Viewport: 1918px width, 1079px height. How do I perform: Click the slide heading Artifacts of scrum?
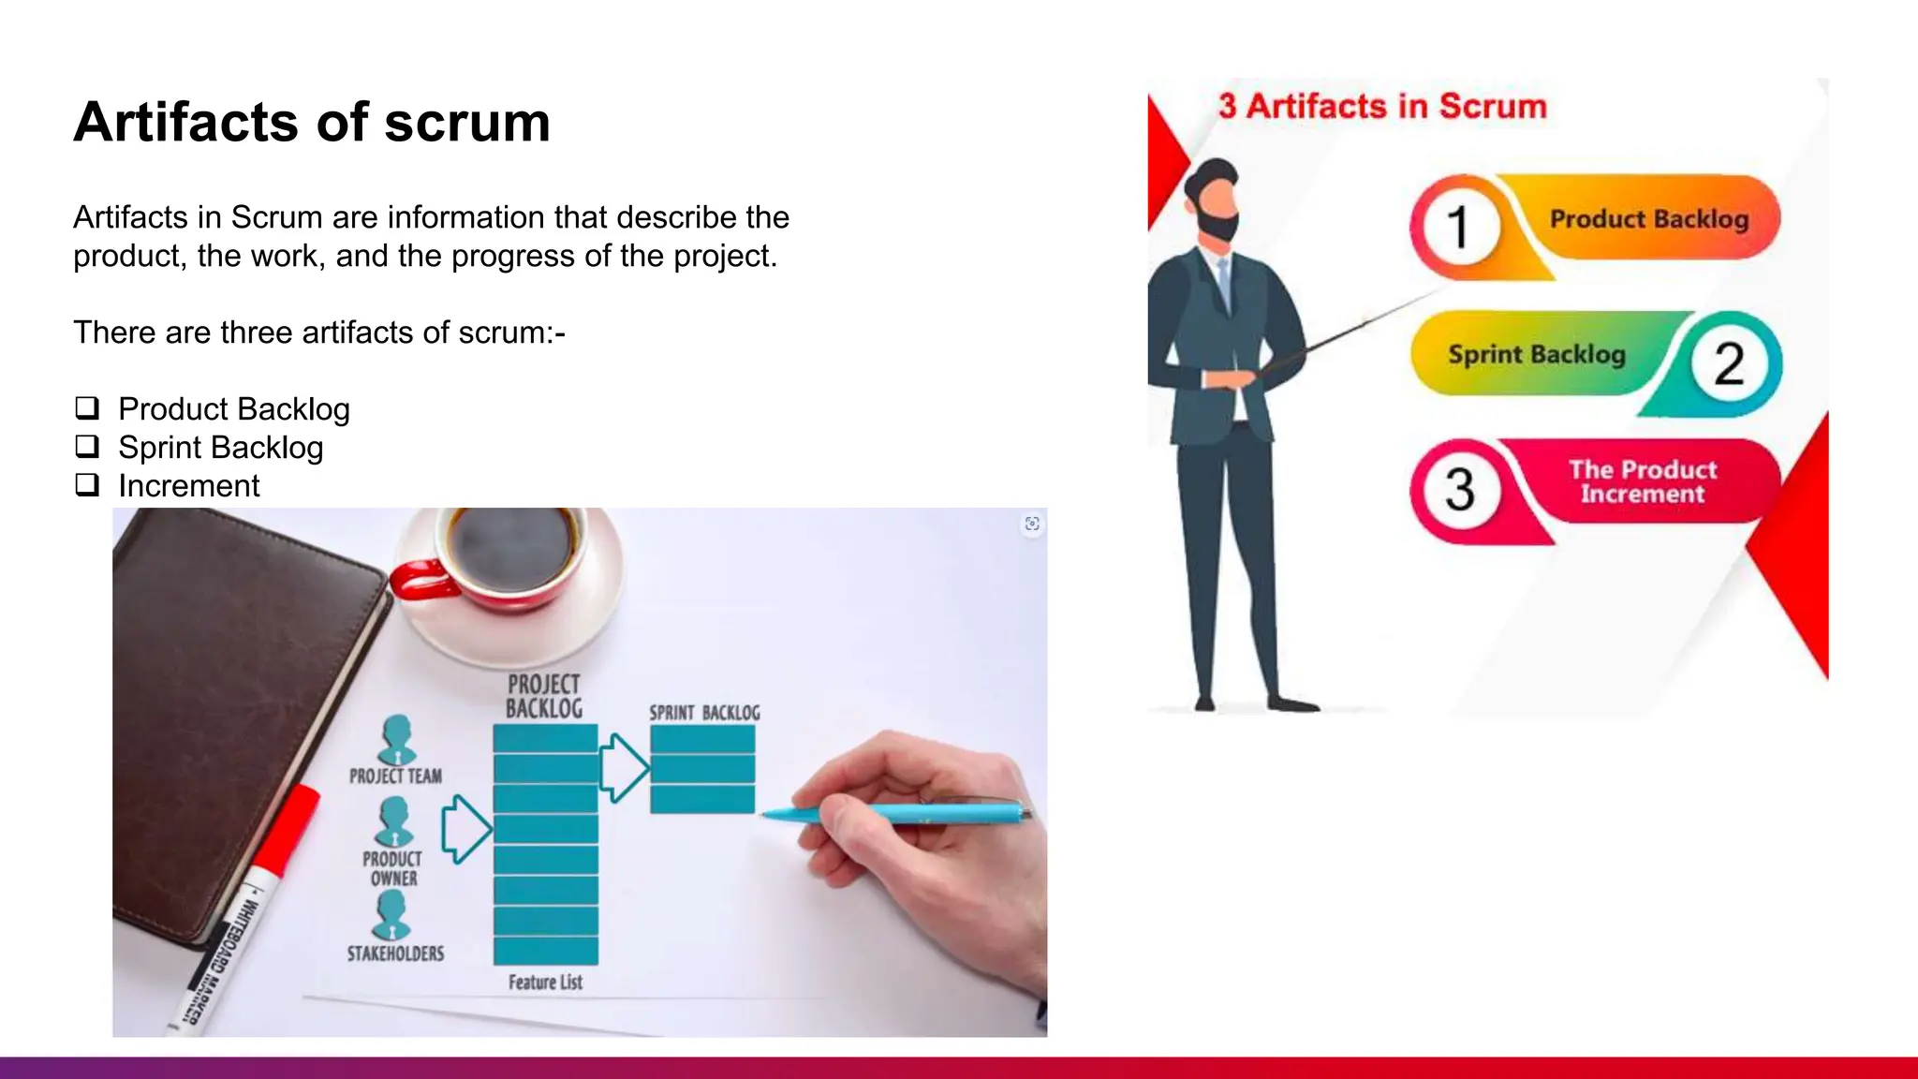(x=312, y=123)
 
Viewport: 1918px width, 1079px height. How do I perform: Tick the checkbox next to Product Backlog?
(x=87, y=408)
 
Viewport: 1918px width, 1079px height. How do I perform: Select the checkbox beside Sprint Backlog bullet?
(x=87, y=447)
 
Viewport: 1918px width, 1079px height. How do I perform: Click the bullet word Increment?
(x=188, y=486)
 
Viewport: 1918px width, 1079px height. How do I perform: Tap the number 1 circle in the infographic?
(x=1457, y=227)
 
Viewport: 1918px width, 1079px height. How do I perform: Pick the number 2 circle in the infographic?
(x=1729, y=363)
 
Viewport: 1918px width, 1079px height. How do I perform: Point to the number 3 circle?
(x=1458, y=489)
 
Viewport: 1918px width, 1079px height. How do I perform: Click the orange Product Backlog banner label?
(x=1648, y=219)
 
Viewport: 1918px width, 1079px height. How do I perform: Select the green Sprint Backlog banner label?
(x=1536, y=354)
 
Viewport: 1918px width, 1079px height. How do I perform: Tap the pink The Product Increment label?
(x=1643, y=481)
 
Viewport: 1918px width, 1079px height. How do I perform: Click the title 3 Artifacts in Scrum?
(x=1382, y=107)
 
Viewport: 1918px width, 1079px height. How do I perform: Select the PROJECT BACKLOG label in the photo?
(x=544, y=696)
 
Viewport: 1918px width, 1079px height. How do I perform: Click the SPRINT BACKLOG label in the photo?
(x=704, y=713)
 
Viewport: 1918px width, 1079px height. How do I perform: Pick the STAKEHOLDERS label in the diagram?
(x=395, y=953)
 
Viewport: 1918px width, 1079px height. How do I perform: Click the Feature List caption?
(x=545, y=983)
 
